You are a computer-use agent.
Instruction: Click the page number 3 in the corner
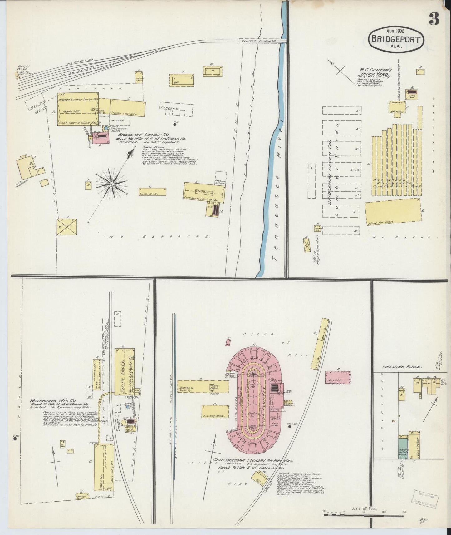[x=433, y=19]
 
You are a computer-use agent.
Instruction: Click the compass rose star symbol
[x=111, y=184]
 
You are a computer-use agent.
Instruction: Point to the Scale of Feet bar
[x=364, y=513]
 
